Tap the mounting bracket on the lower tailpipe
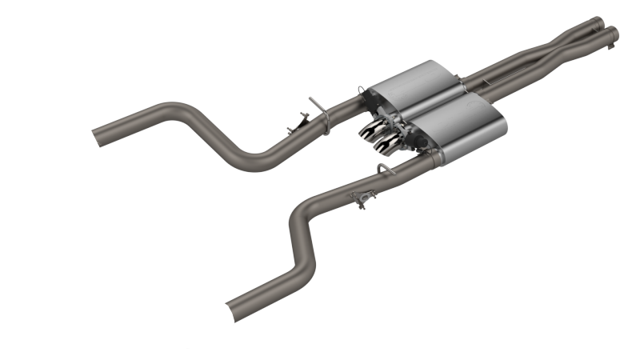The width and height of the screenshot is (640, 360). point(365,199)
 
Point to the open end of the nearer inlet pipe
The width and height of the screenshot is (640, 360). point(613,32)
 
